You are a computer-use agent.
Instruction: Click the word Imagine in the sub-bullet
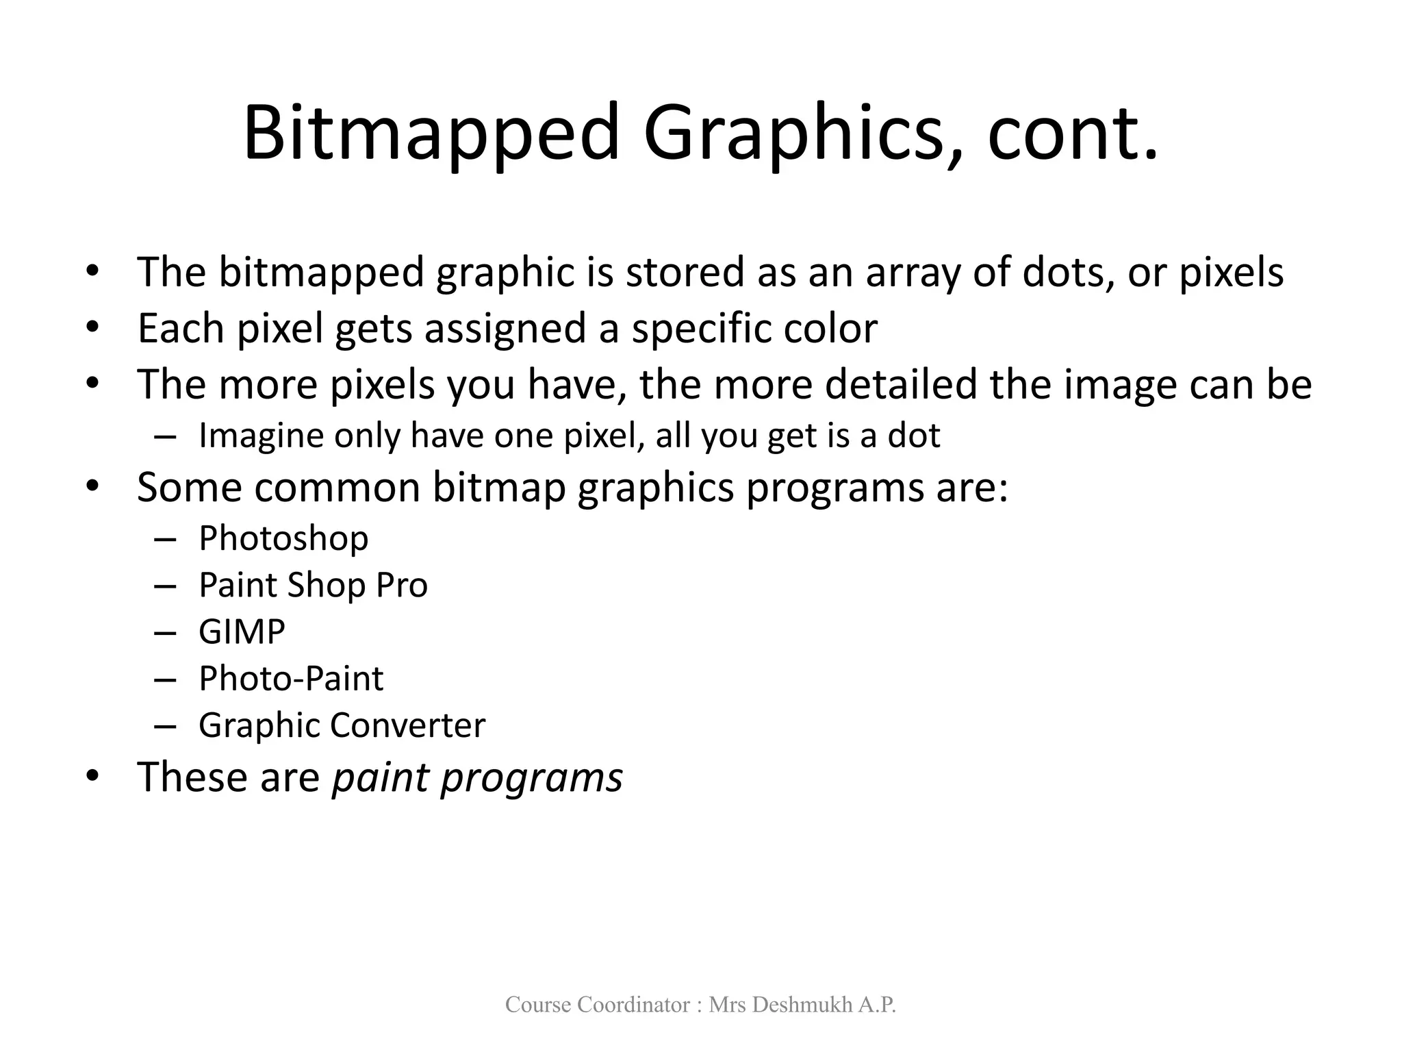click(261, 436)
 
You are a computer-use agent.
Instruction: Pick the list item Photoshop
click(283, 538)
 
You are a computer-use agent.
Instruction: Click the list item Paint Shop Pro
click(313, 586)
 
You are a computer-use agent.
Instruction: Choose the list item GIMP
click(242, 631)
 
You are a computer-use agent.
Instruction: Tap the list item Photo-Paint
click(291, 679)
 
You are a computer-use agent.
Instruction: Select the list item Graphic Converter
click(342, 725)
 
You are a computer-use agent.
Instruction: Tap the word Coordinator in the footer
click(634, 1005)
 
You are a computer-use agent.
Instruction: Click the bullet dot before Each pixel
click(93, 327)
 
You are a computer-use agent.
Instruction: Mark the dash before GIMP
click(165, 632)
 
